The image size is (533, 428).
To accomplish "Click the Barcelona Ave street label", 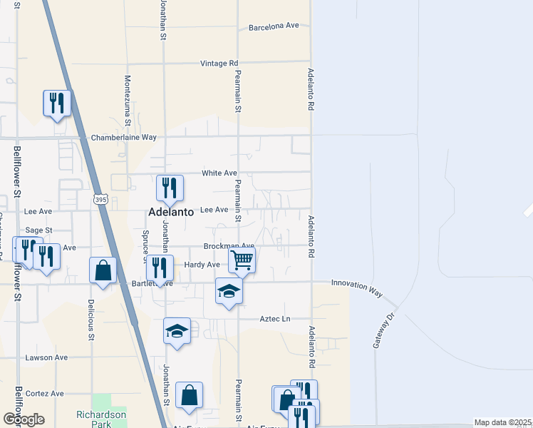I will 274,27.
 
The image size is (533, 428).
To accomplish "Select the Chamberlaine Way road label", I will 123,137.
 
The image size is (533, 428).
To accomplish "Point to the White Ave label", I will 219,173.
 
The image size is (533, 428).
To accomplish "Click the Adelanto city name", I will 172,213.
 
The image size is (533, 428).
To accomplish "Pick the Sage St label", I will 38,230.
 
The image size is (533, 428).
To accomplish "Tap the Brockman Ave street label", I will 229,246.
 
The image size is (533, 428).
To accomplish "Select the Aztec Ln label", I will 276,319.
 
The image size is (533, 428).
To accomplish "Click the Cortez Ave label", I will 44,393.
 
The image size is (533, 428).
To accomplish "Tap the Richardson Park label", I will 101,419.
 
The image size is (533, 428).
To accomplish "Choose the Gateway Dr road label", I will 383,330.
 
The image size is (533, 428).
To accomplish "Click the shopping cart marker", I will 242,260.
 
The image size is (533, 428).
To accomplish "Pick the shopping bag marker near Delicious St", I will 103,270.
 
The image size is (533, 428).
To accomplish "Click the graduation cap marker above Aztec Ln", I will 229,291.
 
